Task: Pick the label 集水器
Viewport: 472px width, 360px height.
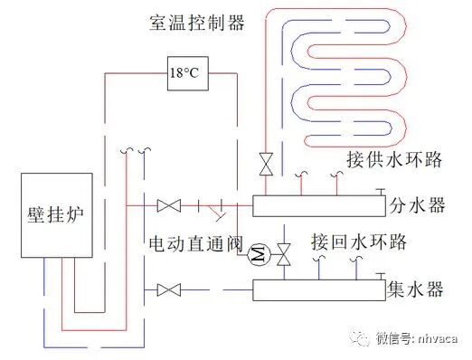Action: [x=416, y=289]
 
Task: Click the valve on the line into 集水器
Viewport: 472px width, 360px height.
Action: [x=167, y=290]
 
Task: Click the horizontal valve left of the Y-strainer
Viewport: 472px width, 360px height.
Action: [x=167, y=206]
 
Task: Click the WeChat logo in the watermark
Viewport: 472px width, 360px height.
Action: [x=362, y=338]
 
